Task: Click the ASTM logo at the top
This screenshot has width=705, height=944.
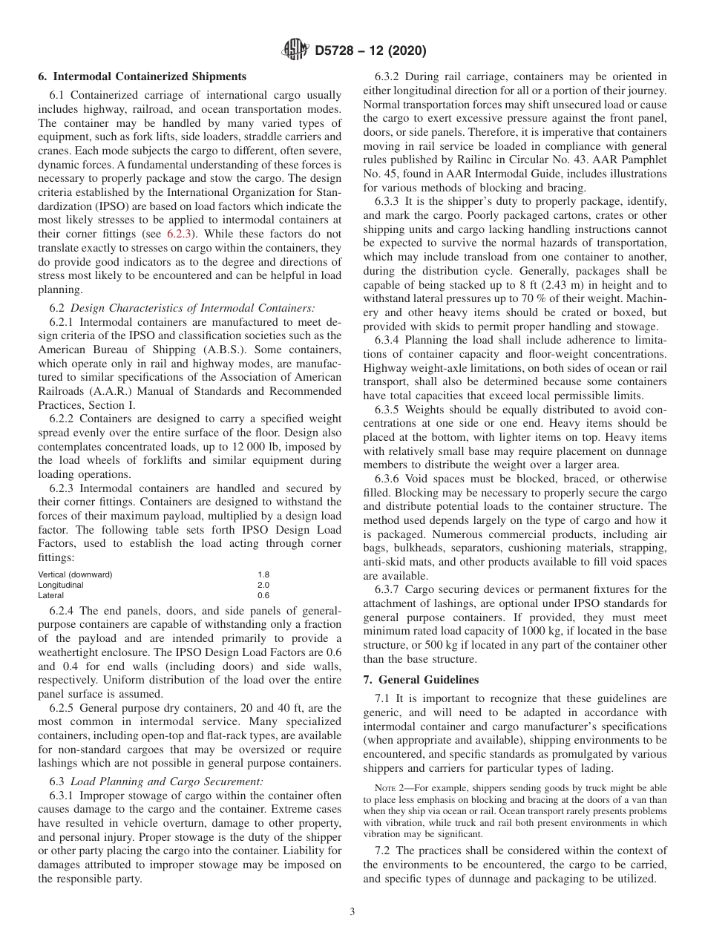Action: [296, 51]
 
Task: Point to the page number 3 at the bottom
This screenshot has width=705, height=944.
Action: [352, 912]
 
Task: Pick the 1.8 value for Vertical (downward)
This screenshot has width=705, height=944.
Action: [263, 575]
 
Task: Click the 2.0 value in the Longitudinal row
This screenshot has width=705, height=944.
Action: [263, 585]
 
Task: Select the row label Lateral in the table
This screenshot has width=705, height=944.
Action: [50, 595]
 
